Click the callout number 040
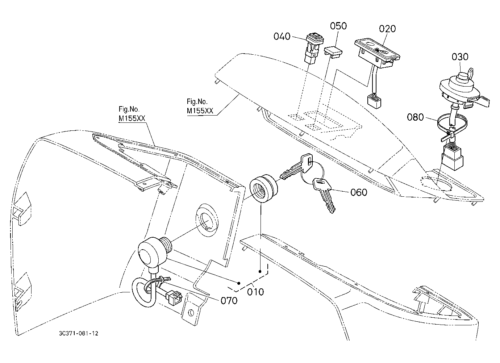282,36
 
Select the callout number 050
338,26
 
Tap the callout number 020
388,29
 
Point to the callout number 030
460,57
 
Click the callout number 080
416,117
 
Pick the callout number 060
359,192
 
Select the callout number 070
229,301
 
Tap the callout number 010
255,292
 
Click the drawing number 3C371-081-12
79,334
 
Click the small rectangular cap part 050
333,52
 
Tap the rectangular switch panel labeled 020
377,53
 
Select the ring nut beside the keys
263,188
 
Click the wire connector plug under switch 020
374,102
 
